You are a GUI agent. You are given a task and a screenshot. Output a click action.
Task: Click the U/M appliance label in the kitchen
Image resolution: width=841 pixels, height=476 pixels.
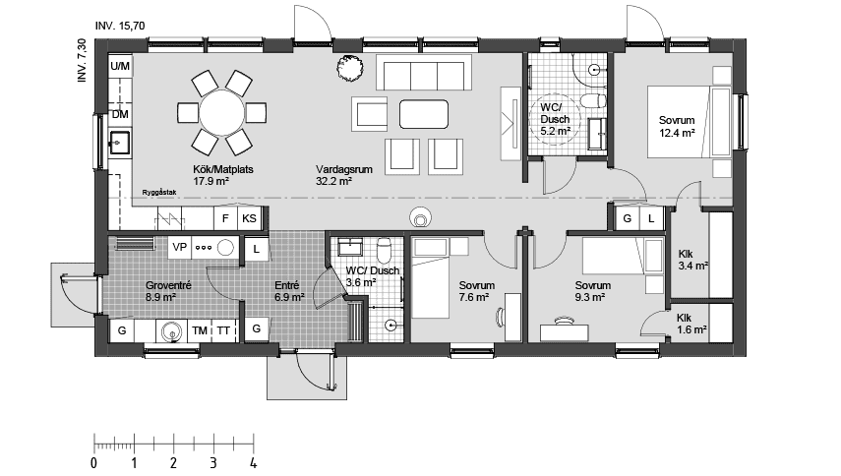pos(120,66)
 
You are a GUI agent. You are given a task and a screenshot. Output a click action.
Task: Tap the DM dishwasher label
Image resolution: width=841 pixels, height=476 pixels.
pos(120,115)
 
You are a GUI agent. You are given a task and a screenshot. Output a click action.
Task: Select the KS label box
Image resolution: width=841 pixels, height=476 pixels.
pos(250,218)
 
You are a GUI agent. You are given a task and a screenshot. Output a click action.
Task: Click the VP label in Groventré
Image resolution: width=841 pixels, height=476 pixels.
pos(180,248)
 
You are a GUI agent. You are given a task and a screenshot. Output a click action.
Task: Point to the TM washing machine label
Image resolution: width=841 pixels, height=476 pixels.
pos(200,330)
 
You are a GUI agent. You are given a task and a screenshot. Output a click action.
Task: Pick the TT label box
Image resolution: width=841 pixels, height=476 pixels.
pos(224,330)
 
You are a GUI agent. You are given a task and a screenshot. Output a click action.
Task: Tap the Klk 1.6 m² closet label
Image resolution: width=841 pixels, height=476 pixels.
pos(691,324)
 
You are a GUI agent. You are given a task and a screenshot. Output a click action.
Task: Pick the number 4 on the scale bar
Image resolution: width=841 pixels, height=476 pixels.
pos(254,461)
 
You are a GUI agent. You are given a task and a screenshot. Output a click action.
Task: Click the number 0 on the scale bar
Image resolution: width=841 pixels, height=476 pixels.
pos(93,461)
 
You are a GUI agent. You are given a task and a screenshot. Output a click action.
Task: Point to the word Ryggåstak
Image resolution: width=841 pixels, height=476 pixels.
pos(158,192)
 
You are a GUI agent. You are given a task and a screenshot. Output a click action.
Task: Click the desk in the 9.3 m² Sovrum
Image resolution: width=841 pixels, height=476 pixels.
pos(565,320)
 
